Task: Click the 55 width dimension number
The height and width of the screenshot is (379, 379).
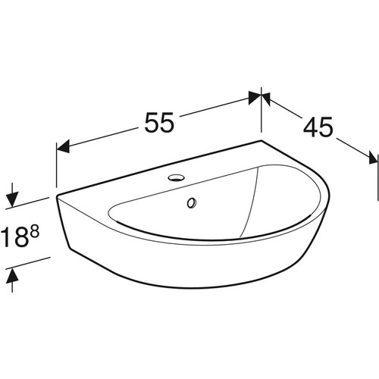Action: [x=159, y=122]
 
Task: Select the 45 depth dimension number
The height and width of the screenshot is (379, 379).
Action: [x=318, y=127]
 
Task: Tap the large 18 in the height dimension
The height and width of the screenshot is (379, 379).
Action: [x=14, y=236]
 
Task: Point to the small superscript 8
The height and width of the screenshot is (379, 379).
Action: [x=35, y=231]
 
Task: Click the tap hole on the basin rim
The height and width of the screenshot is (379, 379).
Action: [x=175, y=177]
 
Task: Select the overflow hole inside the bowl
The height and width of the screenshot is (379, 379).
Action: [x=192, y=203]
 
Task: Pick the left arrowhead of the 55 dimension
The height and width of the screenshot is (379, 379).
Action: [x=63, y=147]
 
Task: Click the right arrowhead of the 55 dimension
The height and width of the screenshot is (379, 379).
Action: [x=255, y=98]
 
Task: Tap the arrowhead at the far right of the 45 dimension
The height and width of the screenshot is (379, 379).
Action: [x=374, y=158]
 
